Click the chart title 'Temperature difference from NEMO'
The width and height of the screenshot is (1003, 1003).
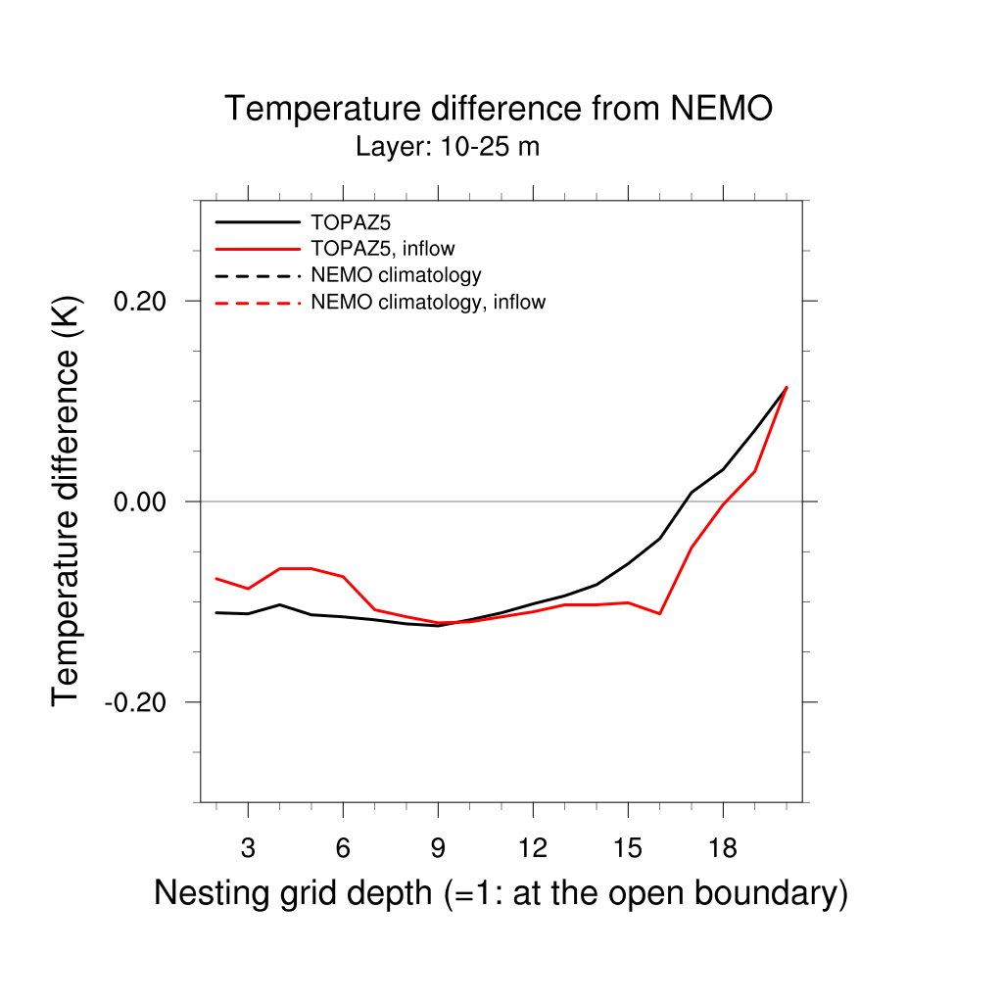click(499, 109)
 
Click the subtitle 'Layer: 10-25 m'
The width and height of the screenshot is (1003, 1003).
click(448, 148)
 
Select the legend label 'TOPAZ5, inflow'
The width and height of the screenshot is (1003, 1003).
click(383, 248)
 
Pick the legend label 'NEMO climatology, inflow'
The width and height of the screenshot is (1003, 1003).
click(428, 302)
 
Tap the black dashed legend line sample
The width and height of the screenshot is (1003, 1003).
click(258, 275)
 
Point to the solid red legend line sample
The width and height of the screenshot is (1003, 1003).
click(258, 249)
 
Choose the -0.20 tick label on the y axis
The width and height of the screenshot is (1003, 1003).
click(138, 702)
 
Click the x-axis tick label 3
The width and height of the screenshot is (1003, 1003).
click(248, 848)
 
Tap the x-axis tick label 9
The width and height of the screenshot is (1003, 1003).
click(438, 848)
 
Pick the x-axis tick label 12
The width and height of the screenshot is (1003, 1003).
click(533, 848)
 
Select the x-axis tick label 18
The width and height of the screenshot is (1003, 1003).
click(723, 848)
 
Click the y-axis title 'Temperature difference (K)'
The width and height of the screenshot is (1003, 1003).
click(67, 501)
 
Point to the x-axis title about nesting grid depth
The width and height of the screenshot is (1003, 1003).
click(501, 893)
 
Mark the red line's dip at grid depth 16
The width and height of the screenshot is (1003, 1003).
click(660, 613)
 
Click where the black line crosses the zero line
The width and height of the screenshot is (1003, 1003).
click(687, 501)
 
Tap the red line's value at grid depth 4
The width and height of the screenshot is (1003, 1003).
click(280, 568)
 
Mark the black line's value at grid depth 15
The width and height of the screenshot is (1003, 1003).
click(628, 563)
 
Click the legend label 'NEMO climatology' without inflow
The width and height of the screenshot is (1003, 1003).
click(396, 275)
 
